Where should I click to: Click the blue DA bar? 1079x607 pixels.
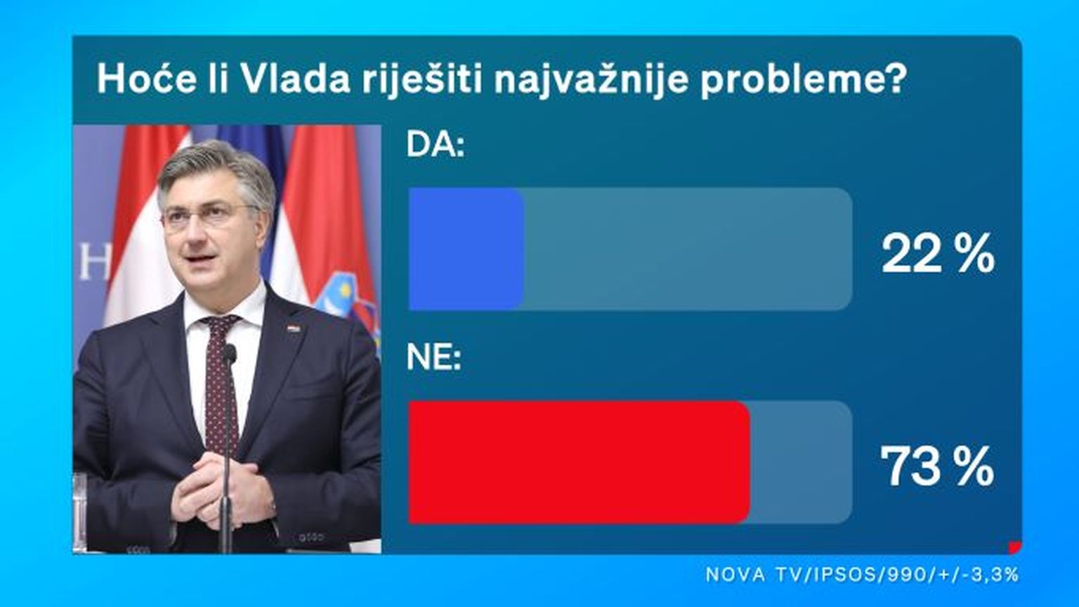point(466,249)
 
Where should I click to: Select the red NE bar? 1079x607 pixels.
point(579,462)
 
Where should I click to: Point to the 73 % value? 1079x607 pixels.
point(937,466)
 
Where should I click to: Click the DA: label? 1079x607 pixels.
point(436,144)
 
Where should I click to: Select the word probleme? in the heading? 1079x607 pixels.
point(804,81)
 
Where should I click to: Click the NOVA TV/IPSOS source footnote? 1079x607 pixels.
point(862,574)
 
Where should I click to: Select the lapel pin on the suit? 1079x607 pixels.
point(294,329)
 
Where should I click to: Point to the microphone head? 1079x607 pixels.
point(229,354)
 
